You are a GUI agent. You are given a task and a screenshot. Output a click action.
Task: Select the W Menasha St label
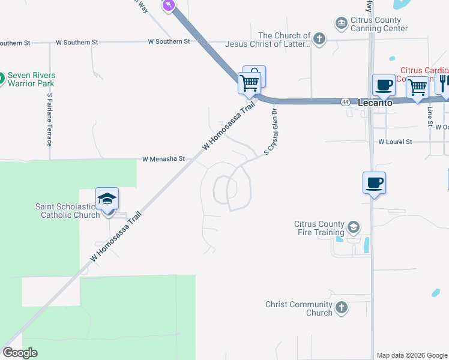click(163, 160)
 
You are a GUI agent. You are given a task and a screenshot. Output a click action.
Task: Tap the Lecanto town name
click(375, 103)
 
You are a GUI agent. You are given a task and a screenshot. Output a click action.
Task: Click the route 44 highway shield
click(345, 102)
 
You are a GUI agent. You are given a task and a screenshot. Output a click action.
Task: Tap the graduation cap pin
click(107, 199)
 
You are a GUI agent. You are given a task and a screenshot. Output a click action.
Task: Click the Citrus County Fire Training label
click(319, 228)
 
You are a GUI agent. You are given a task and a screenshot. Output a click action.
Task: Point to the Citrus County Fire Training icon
click(354, 227)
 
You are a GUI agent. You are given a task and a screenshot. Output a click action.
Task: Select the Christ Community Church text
click(303, 308)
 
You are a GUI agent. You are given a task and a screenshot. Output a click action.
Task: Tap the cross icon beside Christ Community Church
click(341, 308)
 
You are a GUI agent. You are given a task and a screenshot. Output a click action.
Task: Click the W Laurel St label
click(395, 142)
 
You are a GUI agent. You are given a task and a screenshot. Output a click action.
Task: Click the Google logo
click(20, 353)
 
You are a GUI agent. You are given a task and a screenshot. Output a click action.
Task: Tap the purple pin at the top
click(169, 5)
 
